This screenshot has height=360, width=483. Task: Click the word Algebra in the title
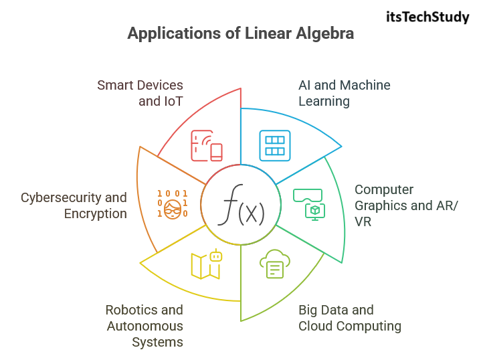[x=322, y=33]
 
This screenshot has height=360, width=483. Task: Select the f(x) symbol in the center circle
[x=241, y=209]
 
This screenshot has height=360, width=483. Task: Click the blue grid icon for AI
[x=274, y=146]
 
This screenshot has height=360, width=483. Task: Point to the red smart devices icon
[x=207, y=146]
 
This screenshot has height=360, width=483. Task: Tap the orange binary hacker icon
[x=173, y=202]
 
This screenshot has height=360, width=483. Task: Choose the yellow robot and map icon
[x=206, y=264]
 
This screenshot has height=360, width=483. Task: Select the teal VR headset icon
[x=308, y=202]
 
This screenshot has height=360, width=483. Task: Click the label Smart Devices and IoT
[x=140, y=94]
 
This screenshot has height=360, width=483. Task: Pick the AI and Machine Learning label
[x=344, y=94]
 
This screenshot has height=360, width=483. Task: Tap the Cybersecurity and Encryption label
[x=74, y=205]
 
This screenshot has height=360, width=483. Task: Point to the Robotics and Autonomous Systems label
[x=144, y=326]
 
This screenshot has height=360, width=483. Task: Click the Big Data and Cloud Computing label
[x=349, y=319]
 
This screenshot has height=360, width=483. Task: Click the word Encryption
[x=96, y=214]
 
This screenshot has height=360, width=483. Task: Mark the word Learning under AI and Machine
[x=324, y=102]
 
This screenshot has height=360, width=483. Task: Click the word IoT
[x=171, y=102]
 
